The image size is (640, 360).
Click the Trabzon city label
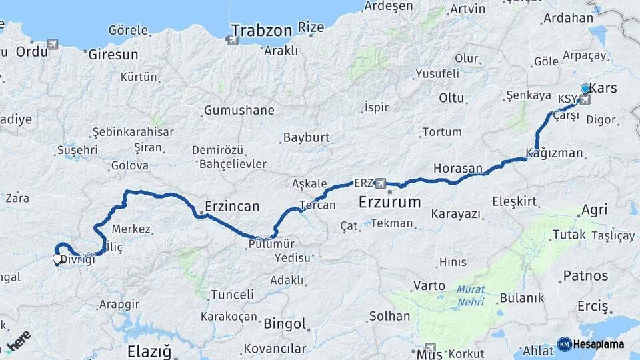[261, 30]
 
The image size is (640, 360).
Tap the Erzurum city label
[389, 202]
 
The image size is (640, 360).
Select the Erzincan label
[231, 207]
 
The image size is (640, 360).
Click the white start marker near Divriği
[57, 259]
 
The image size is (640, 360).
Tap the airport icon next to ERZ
[381, 183]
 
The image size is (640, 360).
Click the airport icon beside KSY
[585, 100]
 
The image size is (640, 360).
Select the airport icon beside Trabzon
[233, 41]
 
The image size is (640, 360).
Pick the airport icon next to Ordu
[53, 45]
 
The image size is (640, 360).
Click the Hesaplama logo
[591, 345]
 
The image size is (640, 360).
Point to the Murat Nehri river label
[472, 296]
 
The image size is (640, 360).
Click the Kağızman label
[554, 153]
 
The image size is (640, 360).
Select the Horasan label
[457, 169]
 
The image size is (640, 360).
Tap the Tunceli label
[232, 294]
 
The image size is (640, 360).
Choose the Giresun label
[113, 55]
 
